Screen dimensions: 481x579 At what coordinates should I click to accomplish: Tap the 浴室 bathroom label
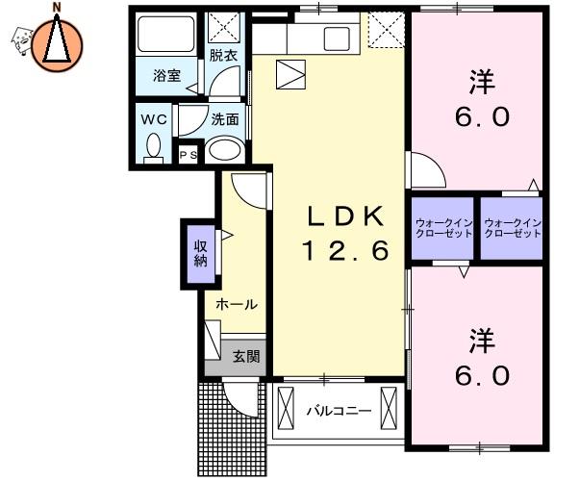167,76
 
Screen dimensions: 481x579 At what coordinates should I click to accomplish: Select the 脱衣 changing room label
224,56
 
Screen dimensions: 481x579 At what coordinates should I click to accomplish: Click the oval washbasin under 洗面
224,150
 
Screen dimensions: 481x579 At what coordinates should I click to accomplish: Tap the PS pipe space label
188,155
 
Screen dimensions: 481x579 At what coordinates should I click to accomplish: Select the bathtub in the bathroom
166,37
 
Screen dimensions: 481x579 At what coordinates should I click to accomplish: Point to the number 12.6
345,252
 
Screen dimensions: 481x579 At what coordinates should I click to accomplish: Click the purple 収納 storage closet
200,252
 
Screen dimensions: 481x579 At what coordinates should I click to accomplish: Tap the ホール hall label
236,304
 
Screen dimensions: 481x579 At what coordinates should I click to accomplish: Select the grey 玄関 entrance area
245,357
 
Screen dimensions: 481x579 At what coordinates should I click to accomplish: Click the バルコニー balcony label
338,411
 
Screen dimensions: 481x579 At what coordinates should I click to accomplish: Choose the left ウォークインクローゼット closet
441,229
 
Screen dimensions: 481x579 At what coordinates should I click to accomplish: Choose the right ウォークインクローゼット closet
512,229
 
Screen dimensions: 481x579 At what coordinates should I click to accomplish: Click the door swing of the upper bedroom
426,171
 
